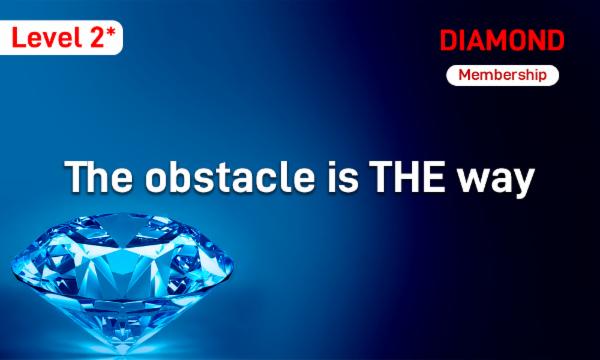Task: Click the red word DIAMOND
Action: (502, 41)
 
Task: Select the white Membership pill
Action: (502, 75)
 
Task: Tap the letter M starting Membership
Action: (464, 75)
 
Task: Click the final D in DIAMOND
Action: (555, 41)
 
